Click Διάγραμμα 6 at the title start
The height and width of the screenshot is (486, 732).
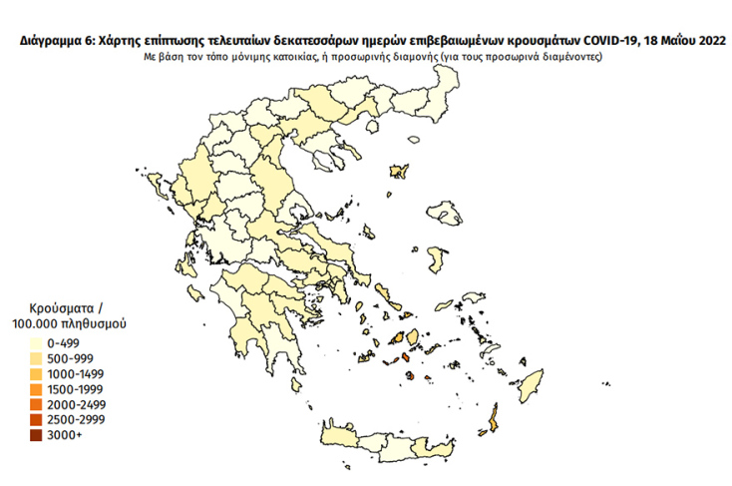[52, 41]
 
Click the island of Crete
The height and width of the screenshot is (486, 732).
[399, 445]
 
